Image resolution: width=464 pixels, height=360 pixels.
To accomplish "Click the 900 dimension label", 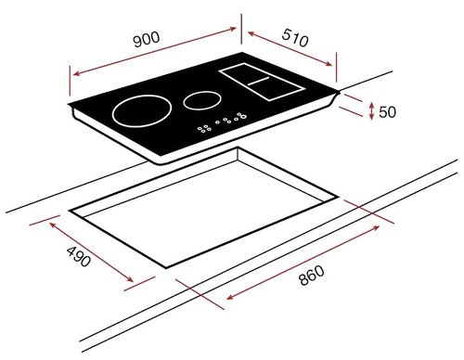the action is coord(147,39).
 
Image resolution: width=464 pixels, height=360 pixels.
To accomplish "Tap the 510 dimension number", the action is coord(295,38).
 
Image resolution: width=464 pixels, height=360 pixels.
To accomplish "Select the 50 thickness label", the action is coord(387,111).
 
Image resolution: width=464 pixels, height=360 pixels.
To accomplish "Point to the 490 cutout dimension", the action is coord(79,256).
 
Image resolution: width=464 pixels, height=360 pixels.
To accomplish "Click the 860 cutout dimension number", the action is coord(312,275).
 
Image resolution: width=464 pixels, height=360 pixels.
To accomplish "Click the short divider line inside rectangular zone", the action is coord(259,81).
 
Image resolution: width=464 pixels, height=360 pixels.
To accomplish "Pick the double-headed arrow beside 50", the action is coord(372,111).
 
